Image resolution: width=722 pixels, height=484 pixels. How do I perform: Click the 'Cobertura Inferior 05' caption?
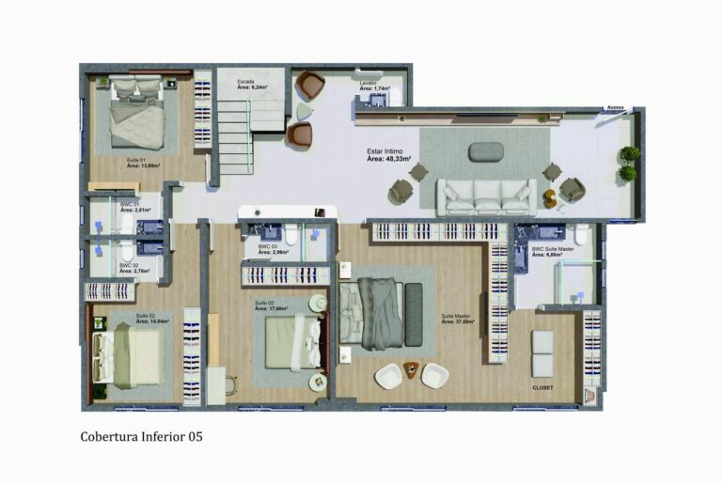[x=141, y=436]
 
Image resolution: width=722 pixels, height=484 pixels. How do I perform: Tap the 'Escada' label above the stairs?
[x=245, y=83]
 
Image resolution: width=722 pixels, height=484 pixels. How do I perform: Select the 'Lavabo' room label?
[x=369, y=83]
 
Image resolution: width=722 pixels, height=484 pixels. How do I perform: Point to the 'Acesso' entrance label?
[x=615, y=107]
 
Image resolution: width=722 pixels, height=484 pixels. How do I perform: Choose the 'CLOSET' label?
[x=542, y=387]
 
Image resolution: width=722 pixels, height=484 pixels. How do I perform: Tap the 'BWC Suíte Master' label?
[x=552, y=249]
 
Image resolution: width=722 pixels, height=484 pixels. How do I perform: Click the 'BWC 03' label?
[x=267, y=246]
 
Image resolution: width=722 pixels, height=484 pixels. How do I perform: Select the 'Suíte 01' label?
[x=136, y=160]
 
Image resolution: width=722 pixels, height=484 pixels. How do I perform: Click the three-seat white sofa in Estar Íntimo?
[x=486, y=195]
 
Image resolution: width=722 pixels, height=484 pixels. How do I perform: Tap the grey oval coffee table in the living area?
[x=485, y=150]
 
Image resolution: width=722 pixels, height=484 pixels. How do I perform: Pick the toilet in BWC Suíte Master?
[x=582, y=234]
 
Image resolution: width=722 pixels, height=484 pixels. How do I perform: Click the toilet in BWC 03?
[x=292, y=235]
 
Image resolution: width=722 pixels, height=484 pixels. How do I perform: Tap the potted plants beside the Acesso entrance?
[x=628, y=163]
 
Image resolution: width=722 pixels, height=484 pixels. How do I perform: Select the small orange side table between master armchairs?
[x=411, y=367]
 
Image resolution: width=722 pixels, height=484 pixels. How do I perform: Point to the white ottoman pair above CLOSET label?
[x=542, y=353]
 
